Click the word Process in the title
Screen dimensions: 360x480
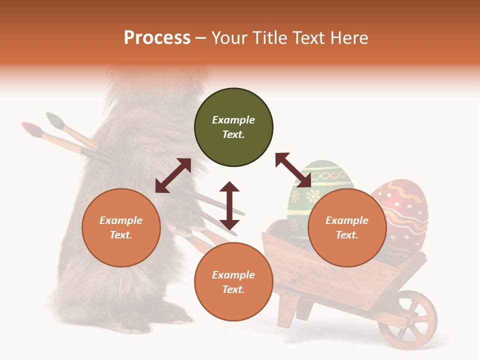tap(157, 38)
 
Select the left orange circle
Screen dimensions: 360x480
tap(121, 227)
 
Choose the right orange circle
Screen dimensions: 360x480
tap(347, 227)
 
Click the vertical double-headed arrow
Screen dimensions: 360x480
tap(229, 205)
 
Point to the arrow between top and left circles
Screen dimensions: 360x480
tap(173, 175)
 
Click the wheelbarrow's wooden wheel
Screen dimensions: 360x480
tap(407, 319)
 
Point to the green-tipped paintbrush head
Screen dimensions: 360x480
tap(54, 120)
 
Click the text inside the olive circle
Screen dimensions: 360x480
tap(233, 127)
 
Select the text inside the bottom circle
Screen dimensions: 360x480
tap(233, 282)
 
